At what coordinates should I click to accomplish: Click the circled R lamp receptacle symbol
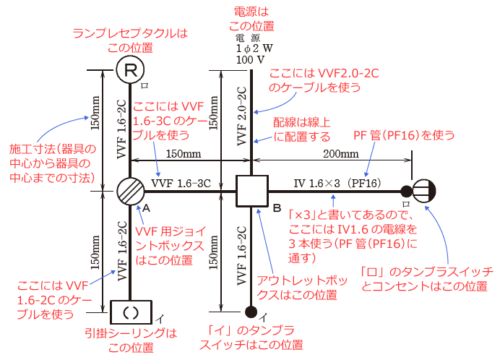click(131, 70)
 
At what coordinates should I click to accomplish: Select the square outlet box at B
click(251, 192)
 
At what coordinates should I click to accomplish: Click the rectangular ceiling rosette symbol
click(131, 312)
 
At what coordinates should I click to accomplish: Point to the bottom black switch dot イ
click(251, 312)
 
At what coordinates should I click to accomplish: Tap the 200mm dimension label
click(340, 155)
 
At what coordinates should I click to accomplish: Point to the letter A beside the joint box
click(147, 207)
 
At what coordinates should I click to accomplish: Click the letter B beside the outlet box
click(276, 207)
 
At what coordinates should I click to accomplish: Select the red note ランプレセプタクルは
click(131, 33)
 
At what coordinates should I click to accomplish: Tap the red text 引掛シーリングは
click(131, 333)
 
